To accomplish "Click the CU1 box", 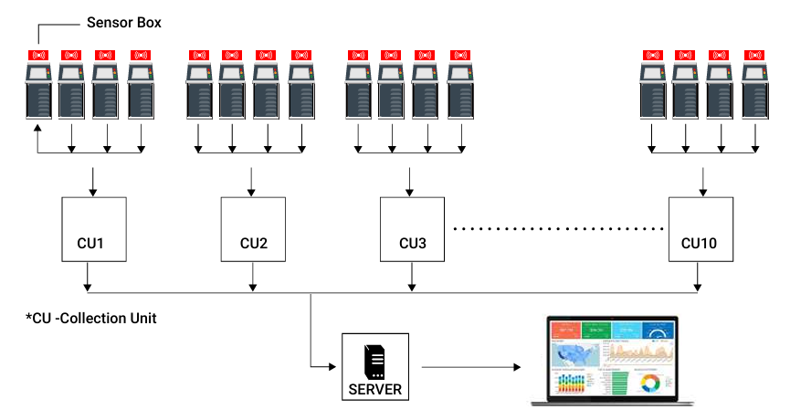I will point(91,229).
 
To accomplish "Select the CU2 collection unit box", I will point(253,229).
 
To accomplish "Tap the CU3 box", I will point(413,229).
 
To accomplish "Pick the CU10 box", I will point(700,229).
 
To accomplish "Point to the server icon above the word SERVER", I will point(375,362).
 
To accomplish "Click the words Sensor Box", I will point(123,22).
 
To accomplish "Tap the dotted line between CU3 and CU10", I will point(559,226).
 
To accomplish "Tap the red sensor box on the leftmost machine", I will point(38,55).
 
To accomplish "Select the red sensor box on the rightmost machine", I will point(753,55).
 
